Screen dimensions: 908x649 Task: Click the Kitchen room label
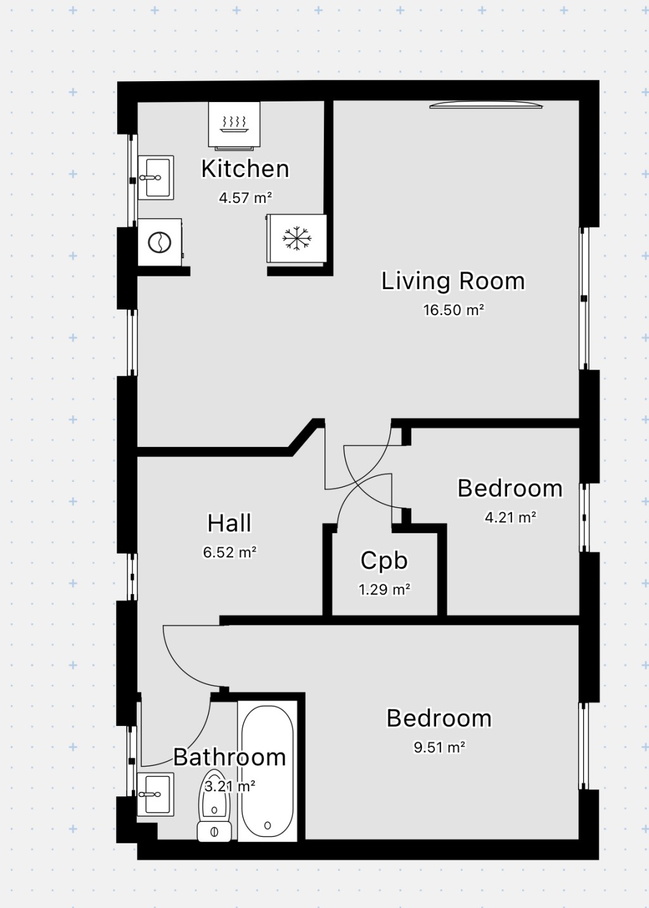pos(245,169)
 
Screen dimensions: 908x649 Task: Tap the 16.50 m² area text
pos(453,310)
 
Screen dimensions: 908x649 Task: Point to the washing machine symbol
pos(159,242)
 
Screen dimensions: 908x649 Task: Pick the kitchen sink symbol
pos(155,178)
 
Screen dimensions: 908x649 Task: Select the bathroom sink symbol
pos(155,794)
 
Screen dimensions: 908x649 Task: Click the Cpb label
pos(384,561)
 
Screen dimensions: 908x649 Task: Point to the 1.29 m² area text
pos(384,590)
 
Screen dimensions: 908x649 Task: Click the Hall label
pos(229,523)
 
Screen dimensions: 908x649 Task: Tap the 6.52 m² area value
pos(229,552)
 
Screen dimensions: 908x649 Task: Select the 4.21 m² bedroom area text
pos(510,517)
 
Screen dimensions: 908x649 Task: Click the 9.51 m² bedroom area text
pos(439,748)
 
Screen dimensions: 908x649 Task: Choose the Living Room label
pos(453,281)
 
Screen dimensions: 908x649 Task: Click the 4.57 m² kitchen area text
pos(245,198)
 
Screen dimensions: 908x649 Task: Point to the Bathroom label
pos(229,757)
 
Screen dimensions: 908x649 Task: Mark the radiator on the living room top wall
pos(486,105)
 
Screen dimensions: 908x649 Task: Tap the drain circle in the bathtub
pos(267,826)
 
